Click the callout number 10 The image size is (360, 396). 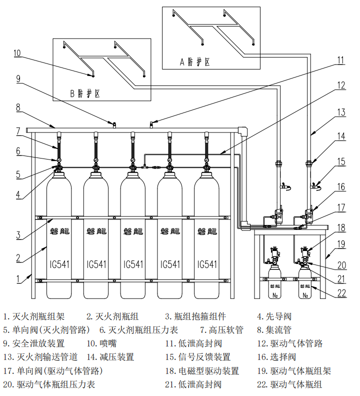point(17,52)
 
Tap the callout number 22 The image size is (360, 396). point(341,293)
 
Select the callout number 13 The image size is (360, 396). point(341,112)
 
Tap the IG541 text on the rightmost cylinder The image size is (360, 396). point(207,264)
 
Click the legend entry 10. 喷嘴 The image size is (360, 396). point(104,343)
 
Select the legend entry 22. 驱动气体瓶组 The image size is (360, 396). point(289,384)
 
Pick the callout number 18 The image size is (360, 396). point(341,227)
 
